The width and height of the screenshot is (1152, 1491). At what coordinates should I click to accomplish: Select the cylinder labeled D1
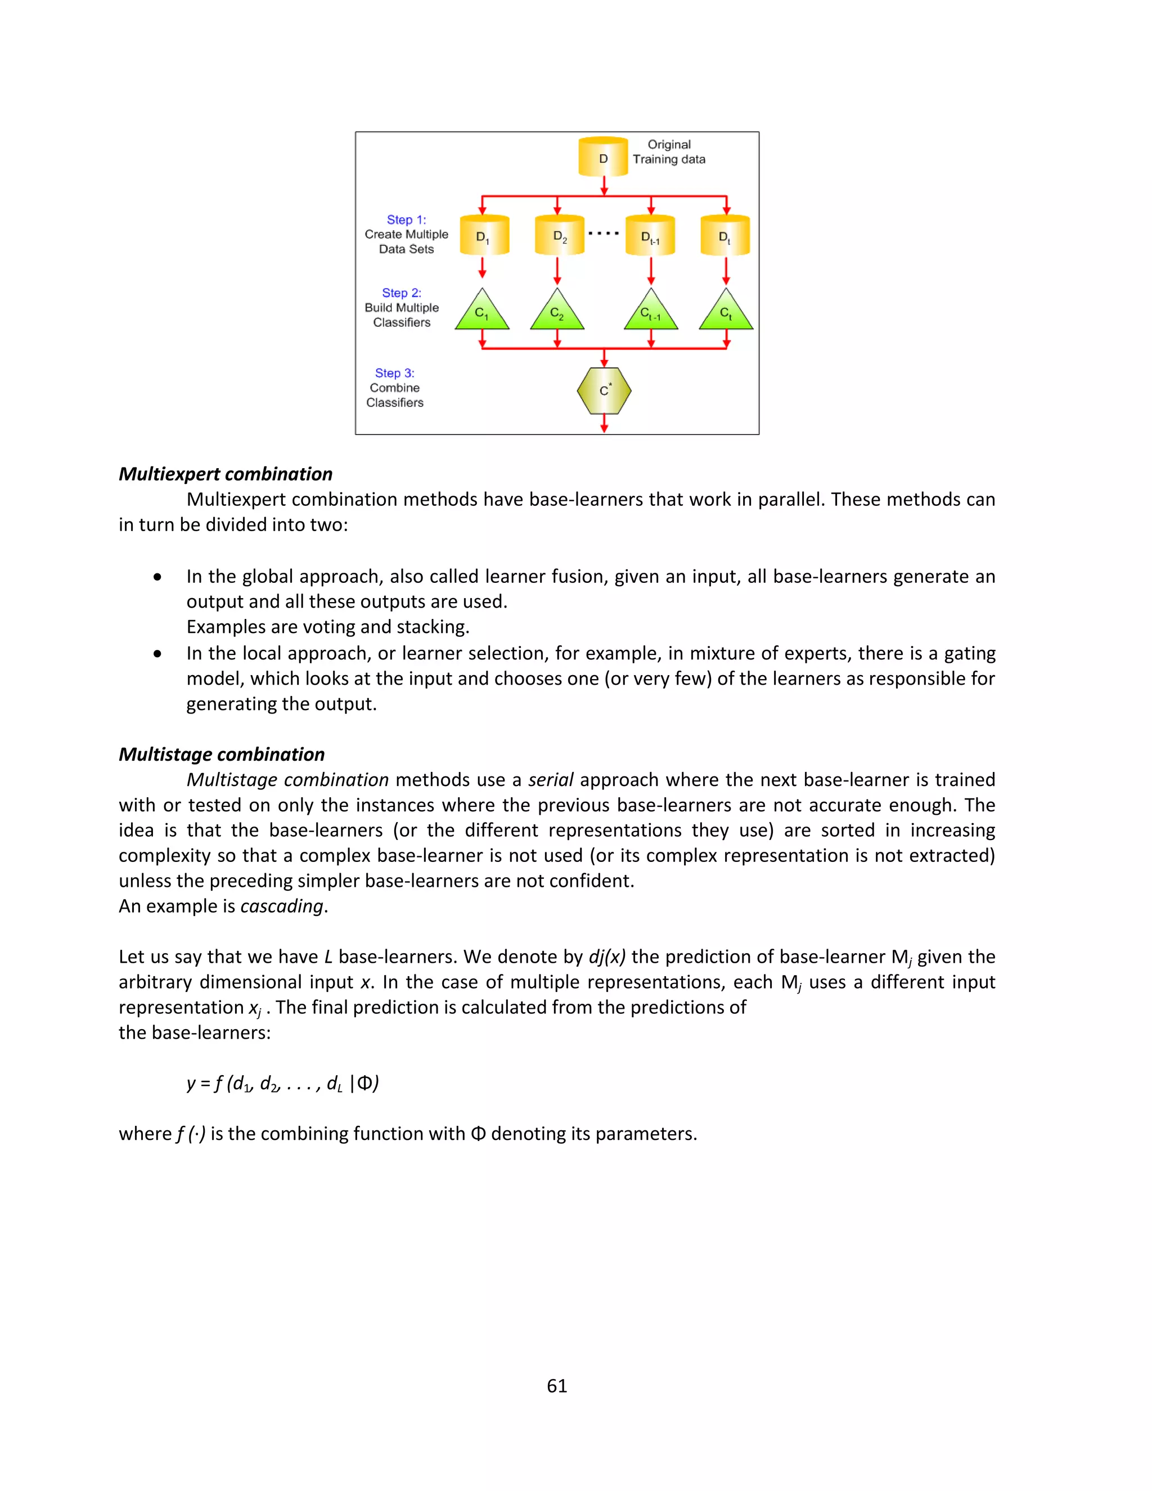pyautogui.click(x=484, y=236)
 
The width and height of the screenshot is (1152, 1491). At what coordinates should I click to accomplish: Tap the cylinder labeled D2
pyautogui.click(x=559, y=236)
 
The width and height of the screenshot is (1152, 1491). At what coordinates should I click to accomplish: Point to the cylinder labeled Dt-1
pyautogui.click(x=650, y=236)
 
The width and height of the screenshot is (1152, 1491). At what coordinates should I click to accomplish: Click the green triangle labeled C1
pyautogui.click(x=482, y=313)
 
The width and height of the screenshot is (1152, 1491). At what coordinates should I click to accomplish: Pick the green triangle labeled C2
pyautogui.click(x=557, y=313)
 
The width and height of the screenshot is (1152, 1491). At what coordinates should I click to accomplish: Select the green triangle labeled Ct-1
pyautogui.click(x=650, y=313)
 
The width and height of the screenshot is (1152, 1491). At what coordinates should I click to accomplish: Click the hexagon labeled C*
pyautogui.click(x=604, y=390)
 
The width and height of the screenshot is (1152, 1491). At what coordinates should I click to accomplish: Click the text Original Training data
pyautogui.click(x=669, y=151)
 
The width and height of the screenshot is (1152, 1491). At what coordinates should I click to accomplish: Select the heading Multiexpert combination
pyautogui.click(x=225, y=474)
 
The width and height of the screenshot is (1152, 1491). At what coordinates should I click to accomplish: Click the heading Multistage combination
pyautogui.click(x=221, y=754)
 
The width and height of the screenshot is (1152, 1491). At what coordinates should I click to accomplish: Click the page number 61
pyautogui.click(x=557, y=1385)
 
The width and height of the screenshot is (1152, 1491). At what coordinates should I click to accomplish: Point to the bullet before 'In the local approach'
pyautogui.click(x=157, y=653)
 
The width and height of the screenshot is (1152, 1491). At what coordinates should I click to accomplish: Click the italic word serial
pyautogui.click(x=550, y=780)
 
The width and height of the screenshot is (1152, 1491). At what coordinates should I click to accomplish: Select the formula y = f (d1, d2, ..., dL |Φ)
pyautogui.click(x=282, y=1084)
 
